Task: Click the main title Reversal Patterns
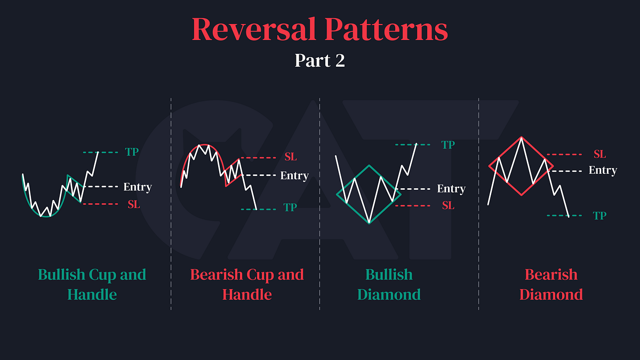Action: point(320,29)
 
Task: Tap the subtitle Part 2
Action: point(320,60)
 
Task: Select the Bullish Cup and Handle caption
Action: point(92,284)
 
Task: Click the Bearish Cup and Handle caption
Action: point(247,284)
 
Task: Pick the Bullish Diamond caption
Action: point(389,284)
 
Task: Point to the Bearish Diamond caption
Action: point(551,284)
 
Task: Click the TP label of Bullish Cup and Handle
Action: point(132,152)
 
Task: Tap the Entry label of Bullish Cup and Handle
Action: point(138,187)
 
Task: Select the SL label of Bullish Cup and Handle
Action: point(133,204)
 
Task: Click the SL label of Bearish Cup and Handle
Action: point(290,157)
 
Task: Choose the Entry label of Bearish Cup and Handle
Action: point(294,175)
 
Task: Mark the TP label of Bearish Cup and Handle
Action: point(290,208)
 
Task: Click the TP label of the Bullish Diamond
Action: point(448,145)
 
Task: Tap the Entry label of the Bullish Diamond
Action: point(451,189)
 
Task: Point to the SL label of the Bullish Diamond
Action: point(448,205)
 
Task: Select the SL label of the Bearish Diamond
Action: point(600,154)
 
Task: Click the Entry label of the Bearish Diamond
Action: point(603,171)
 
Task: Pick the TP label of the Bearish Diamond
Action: point(599,215)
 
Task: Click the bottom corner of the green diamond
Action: point(369,223)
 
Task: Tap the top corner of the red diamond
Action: point(521,137)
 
